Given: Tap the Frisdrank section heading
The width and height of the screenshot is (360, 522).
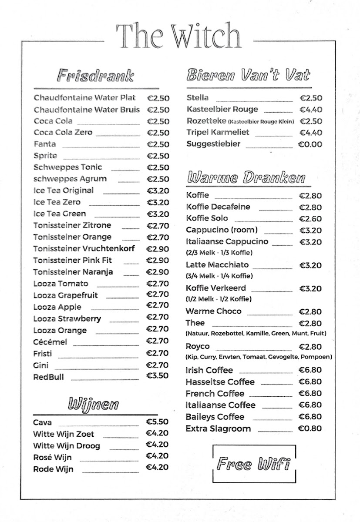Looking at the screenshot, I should pyautogui.click(x=95, y=76).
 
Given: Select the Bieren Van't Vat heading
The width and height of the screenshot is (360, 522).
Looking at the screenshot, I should pyautogui.click(x=248, y=75).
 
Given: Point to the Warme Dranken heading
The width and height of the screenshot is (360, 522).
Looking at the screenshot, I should pyautogui.click(x=246, y=178).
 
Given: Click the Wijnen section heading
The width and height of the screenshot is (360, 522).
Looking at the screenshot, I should pyautogui.click(x=93, y=404).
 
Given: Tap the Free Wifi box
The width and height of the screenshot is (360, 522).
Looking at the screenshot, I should pyautogui.click(x=254, y=464).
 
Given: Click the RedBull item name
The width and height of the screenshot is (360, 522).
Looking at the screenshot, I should pyautogui.click(x=48, y=377).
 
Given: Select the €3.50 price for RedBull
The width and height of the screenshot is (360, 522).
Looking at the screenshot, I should pyautogui.click(x=158, y=376).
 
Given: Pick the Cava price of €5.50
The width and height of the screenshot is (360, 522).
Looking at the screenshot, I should pyautogui.click(x=157, y=422).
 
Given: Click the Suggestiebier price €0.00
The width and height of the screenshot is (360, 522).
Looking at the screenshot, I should pyautogui.click(x=310, y=144).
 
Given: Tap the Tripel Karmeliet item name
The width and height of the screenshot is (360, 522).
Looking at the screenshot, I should pyautogui.click(x=218, y=133).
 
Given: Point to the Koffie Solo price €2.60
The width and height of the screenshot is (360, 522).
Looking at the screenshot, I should pyautogui.click(x=310, y=219).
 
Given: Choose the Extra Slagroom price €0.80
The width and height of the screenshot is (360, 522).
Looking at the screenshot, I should pyautogui.click(x=310, y=428).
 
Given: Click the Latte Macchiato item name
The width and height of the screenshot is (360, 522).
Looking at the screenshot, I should pyautogui.click(x=217, y=265).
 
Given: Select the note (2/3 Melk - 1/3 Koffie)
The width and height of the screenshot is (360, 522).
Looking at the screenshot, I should pyautogui.click(x=219, y=253).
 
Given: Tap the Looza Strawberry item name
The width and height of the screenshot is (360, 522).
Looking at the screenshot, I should pyautogui.click(x=67, y=319).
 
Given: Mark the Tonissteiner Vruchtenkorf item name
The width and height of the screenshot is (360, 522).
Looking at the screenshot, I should pyautogui.click(x=84, y=249).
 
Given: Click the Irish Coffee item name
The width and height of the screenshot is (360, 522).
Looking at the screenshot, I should pyautogui.click(x=209, y=370).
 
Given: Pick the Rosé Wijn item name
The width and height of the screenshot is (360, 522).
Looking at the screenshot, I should pyautogui.click(x=52, y=458).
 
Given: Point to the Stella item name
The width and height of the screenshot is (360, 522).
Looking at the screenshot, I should pyautogui.click(x=198, y=98).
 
